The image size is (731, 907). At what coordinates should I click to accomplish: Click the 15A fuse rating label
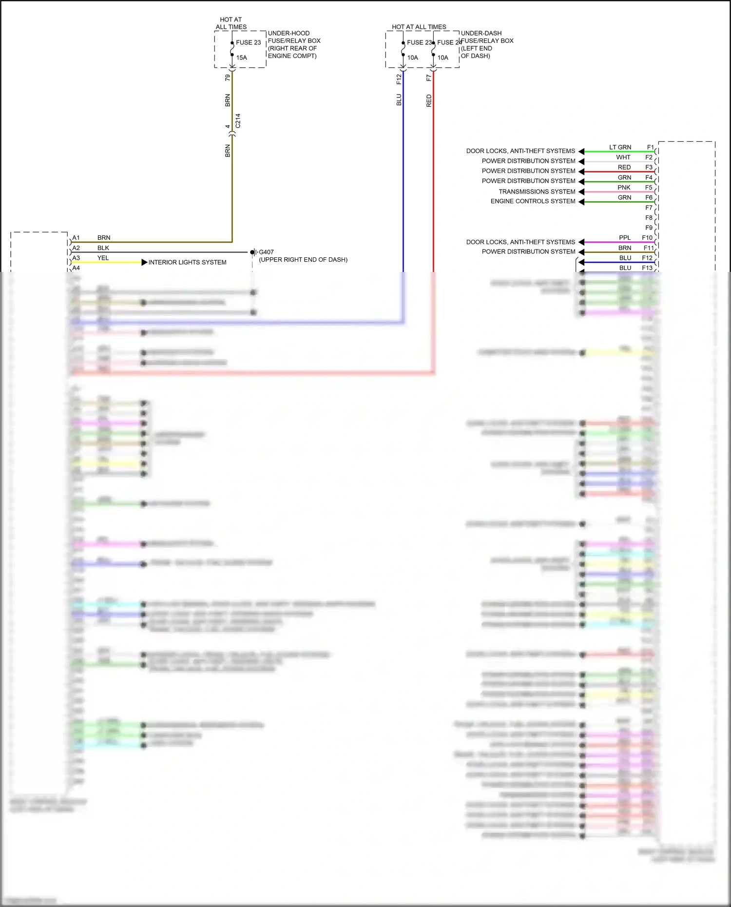[242, 58]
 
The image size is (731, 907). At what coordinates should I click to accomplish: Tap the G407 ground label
[266, 252]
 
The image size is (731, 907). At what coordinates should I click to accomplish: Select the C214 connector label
[238, 121]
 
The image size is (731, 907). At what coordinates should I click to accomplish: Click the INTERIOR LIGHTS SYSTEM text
[187, 262]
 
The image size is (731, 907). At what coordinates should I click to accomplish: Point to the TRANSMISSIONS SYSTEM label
[537, 192]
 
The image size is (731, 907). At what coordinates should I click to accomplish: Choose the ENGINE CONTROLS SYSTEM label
[533, 201]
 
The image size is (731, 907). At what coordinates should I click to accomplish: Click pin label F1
[650, 147]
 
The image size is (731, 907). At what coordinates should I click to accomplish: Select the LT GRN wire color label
[620, 147]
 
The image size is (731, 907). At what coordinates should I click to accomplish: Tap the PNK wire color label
[624, 187]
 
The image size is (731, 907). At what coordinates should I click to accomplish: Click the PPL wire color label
[625, 238]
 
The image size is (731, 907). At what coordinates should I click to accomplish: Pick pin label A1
[76, 238]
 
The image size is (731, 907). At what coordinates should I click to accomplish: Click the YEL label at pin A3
[103, 258]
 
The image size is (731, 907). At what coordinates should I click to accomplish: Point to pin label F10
[647, 238]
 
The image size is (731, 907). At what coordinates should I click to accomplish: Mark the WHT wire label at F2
[623, 157]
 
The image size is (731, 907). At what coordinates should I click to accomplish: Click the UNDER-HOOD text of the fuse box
[289, 33]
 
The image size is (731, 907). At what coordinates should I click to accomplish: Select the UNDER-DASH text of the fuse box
[481, 33]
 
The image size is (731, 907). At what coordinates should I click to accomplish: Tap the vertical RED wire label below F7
[429, 101]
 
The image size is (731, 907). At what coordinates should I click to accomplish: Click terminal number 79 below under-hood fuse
[228, 77]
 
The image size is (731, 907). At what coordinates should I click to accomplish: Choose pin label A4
[76, 268]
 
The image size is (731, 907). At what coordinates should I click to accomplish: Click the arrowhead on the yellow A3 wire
[144, 262]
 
